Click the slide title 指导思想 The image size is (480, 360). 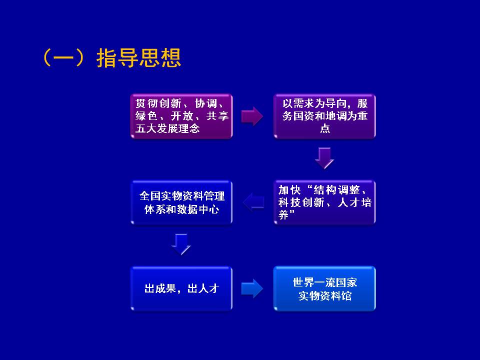(138, 58)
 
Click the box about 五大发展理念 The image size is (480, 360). (181, 116)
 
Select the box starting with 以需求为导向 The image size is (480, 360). (324, 116)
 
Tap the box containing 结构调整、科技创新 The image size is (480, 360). (324, 202)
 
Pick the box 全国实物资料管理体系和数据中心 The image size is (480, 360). (181, 202)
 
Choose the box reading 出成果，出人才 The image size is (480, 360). (181, 288)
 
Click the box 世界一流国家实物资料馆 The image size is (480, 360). (324, 288)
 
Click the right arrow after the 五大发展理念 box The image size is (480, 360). (252, 116)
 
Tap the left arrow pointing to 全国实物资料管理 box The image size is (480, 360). (253, 202)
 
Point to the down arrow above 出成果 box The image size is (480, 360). (181, 244)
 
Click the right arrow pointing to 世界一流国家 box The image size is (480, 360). (252, 288)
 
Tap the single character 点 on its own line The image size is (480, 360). (325, 128)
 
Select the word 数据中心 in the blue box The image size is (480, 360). (198, 209)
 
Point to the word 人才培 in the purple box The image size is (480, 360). (354, 202)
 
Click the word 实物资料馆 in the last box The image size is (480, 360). (325, 295)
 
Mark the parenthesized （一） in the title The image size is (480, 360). (63, 58)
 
